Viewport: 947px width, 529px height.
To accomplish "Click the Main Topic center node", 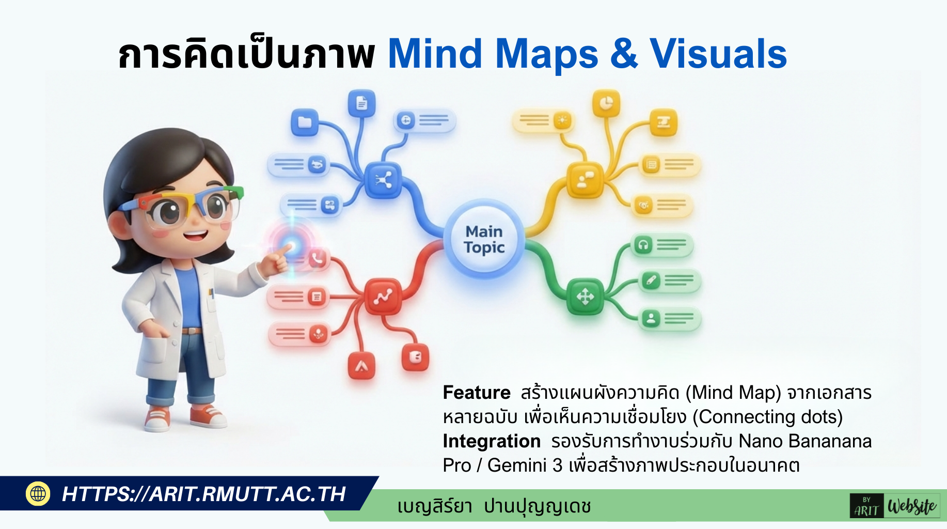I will click(x=484, y=239).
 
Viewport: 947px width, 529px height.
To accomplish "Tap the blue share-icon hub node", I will click(x=383, y=180).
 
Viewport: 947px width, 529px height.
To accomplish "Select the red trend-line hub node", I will click(x=383, y=296).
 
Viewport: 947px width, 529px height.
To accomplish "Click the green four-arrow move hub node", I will click(x=585, y=297).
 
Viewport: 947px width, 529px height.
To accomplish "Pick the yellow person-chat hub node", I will click(x=585, y=180).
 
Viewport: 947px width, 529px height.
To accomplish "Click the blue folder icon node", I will click(x=305, y=122).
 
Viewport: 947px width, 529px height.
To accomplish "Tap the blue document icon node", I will click(x=361, y=103).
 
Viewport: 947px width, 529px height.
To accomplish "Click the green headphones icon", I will click(x=643, y=244).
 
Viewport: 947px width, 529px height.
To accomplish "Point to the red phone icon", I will click(x=317, y=258).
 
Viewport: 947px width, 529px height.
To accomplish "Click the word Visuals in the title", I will click(x=718, y=54).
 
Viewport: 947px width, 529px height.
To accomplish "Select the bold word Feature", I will click(x=476, y=393).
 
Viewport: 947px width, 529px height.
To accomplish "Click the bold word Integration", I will click(x=491, y=441).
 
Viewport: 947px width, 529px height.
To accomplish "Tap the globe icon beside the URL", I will click(x=38, y=494).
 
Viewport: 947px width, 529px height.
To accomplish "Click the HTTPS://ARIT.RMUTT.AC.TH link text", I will click(x=203, y=494).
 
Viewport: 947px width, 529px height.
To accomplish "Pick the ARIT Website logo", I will click(x=894, y=506).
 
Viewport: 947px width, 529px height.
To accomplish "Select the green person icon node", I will click(x=651, y=319).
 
